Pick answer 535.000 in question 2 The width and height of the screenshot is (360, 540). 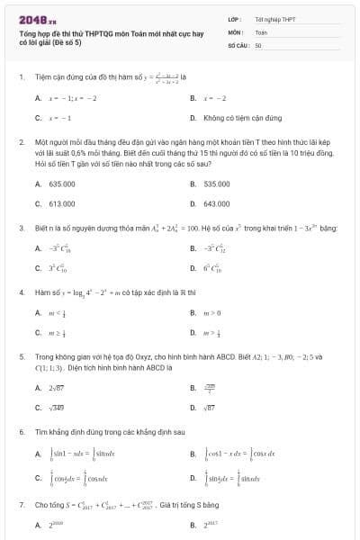216,184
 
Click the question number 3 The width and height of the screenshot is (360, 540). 21,229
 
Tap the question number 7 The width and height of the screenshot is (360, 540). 21,506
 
